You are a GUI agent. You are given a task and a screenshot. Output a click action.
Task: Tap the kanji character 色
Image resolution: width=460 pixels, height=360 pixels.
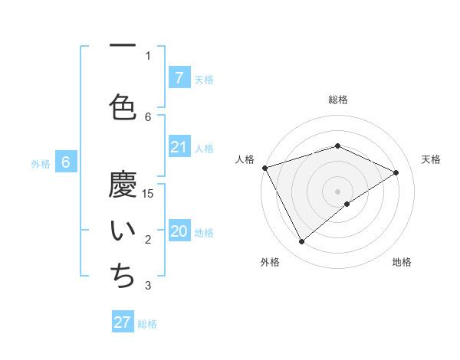tap(123, 106)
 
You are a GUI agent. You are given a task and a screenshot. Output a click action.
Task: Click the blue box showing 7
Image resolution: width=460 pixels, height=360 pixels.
tap(179, 78)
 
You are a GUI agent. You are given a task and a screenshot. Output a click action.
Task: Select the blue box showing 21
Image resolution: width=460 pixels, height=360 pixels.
tap(179, 147)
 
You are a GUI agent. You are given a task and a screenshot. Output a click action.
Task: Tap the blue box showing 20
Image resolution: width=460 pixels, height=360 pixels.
tap(179, 232)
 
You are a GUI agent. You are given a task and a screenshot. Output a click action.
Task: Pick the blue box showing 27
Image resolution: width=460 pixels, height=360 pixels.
tap(123, 322)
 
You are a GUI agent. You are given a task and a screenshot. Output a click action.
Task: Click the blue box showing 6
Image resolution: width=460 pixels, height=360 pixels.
tap(66, 162)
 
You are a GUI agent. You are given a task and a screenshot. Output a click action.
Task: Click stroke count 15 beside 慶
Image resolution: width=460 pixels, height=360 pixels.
tap(149, 193)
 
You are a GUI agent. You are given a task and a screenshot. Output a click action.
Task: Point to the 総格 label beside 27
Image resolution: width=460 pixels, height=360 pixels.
tap(147, 324)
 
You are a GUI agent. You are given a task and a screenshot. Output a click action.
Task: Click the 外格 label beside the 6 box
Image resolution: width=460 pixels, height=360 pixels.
tap(41, 163)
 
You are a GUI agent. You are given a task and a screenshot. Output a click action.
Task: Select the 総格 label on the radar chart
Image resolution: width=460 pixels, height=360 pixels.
tap(337, 100)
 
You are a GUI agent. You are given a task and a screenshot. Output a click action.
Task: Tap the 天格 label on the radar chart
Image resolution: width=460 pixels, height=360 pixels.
tap(432, 159)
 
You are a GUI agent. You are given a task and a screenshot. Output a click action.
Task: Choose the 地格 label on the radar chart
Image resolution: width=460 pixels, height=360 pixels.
tap(402, 263)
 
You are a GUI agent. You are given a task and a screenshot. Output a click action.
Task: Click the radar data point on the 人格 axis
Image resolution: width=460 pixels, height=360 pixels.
tap(264, 167)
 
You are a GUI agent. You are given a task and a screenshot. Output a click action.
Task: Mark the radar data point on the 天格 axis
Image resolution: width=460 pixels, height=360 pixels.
tap(396, 172)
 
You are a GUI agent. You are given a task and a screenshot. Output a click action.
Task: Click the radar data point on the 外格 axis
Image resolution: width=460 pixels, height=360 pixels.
tap(301, 242)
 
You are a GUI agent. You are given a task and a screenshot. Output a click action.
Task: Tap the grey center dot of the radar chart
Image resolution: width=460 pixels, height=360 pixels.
tap(337, 191)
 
